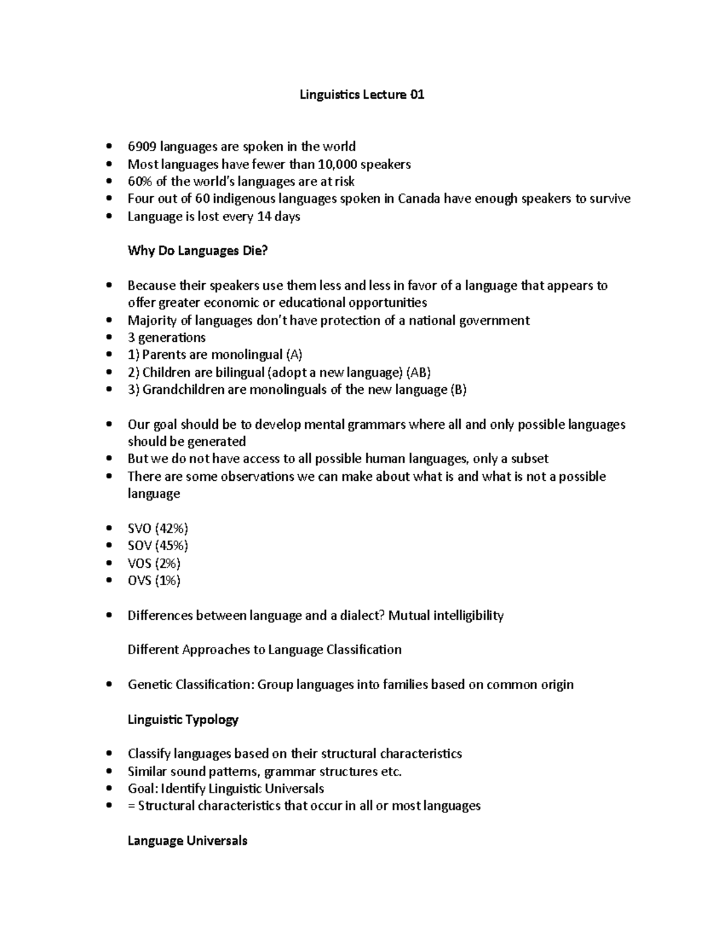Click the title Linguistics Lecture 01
click(362, 95)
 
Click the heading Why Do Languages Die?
click(197, 251)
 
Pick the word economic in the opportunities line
click(232, 303)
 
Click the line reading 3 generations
click(167, 338)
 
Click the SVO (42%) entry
click(158, 528)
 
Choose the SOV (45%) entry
click(158, 546)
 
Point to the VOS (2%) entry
click(154, 564)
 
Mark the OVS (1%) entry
click(154, 580)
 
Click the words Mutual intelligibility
click(446, 615)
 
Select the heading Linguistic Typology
click(183, 719)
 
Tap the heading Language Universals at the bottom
click(187, 841)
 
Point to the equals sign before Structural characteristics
click(132, 806)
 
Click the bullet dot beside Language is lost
click(109, 217)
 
